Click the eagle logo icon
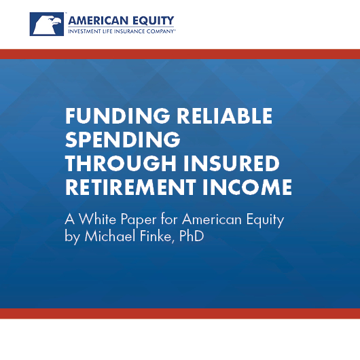[x=47, y=24]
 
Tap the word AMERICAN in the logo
[x=98, y=21]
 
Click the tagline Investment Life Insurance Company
[x=122, y=31]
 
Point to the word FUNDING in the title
[x=118, y=115]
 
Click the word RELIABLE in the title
[x=225, y=115]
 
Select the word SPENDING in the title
[x=123, y=140]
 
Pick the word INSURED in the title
[x=232, y=164]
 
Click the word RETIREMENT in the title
[x=130, y=187]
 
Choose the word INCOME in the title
[x=247, y=187]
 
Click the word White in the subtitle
[x=98, y=219]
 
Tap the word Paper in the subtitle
[x=139, y=220]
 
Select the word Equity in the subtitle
[x=265, y=220]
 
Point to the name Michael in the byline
[x=110, y=236]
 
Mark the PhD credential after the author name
[x=192, y=236]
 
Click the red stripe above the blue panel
[x=180, y=54]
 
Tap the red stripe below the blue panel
[x=180, y=314]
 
